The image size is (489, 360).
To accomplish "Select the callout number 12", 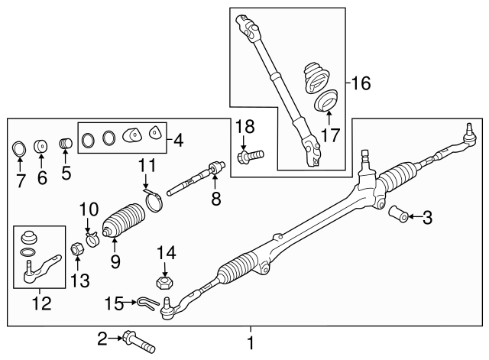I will (40, 304).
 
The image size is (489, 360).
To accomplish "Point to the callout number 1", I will (250, 343).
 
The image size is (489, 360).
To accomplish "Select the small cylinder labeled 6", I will (43, 146).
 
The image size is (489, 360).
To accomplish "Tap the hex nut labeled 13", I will (76, 248).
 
